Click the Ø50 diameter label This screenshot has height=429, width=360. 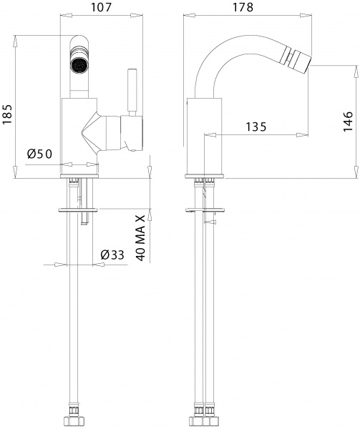pos(40,154)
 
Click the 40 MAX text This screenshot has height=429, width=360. pos(141,235)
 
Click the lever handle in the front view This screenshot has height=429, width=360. pos(132,89)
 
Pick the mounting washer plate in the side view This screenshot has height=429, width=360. pos(206,209)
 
